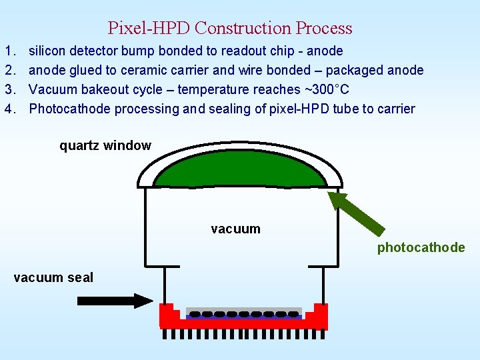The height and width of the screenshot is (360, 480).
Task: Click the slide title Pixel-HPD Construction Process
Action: point(230,28)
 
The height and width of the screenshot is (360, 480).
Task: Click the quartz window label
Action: point(105,145)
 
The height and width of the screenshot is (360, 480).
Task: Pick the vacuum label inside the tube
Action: point(235,229)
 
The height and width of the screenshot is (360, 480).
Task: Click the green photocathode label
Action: point(421,248)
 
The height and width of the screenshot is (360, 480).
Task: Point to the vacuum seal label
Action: point(53,277)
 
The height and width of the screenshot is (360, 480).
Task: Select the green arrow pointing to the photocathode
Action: point(357,213)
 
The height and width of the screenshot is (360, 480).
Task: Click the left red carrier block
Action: point(167,317)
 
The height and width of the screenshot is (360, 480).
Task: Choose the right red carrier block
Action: point(319,317)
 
